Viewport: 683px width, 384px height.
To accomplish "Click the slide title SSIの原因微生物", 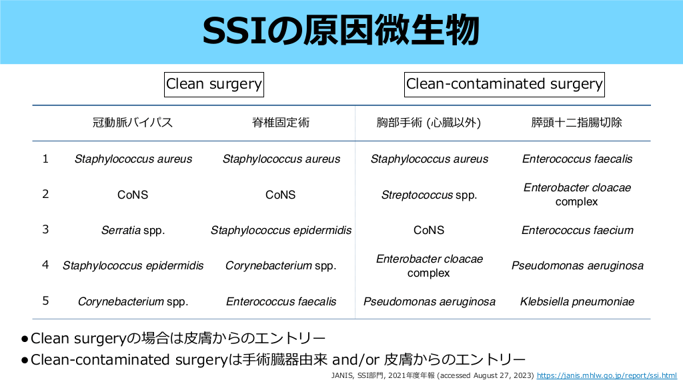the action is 341,31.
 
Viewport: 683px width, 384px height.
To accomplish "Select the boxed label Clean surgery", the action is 214,85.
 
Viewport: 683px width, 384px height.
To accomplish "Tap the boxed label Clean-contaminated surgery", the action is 504,85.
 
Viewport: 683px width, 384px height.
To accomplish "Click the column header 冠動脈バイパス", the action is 133,123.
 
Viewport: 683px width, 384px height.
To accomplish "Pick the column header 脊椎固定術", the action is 281,123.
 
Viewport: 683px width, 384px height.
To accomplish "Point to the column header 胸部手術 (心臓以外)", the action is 429,123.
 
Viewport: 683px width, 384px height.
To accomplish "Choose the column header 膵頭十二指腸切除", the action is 577,123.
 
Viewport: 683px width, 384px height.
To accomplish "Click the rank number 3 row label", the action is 45,229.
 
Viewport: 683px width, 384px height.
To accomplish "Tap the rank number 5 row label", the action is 45,301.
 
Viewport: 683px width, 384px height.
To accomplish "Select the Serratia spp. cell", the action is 133,230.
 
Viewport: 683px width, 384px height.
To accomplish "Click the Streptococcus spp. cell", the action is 429,195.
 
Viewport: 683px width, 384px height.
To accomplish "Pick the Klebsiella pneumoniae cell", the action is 577,302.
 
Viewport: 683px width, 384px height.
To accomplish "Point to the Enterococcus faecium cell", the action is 577,230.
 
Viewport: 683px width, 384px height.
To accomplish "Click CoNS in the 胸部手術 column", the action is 429,230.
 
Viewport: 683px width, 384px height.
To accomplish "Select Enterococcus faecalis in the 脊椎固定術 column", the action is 281,302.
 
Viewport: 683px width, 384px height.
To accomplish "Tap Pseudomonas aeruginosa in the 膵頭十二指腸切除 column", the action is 577,266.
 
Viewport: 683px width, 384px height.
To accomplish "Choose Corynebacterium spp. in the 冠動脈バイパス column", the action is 133,302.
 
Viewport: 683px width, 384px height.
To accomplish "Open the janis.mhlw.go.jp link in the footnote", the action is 607,375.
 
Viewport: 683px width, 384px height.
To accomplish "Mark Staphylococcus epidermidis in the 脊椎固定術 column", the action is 281,230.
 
